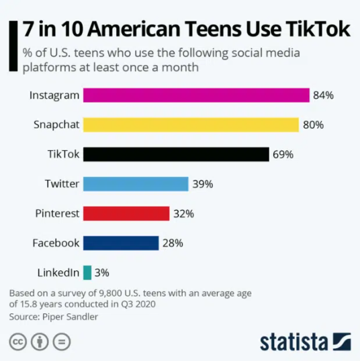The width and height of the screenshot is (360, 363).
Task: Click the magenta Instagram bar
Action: [x=195, y=95]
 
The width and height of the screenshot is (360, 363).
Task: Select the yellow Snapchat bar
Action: [x=190, y=125]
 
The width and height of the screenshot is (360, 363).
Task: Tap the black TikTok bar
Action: [x=176, y=154]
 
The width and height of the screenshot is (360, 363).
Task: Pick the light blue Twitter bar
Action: [x=135, y=184]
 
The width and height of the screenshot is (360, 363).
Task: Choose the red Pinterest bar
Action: [x=126, y=213]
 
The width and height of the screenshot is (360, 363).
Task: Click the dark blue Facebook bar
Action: [x=120, y=243]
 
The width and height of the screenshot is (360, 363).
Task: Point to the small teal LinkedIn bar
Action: [x=87, y=272]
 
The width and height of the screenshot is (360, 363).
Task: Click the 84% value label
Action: [x=323, y=95]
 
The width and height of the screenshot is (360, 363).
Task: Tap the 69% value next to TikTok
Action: [x=283, y=154]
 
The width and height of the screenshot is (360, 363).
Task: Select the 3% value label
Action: [x=101, y=272]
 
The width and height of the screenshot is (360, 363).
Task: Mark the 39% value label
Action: [x=202, y=184]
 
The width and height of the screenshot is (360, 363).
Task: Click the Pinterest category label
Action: [x=57, y=213]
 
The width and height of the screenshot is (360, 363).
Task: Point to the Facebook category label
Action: [x=56, y=243]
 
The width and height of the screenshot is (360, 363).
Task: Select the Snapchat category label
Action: [x=56, y=125]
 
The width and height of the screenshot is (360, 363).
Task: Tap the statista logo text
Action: [x=294, y=340]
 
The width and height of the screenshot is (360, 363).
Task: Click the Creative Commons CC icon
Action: [x=17, y=340]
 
